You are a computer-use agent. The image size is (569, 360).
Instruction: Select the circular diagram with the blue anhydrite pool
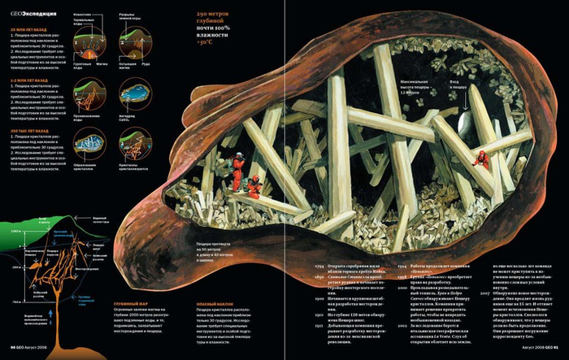134,95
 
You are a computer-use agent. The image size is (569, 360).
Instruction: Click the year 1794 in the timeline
319,266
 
